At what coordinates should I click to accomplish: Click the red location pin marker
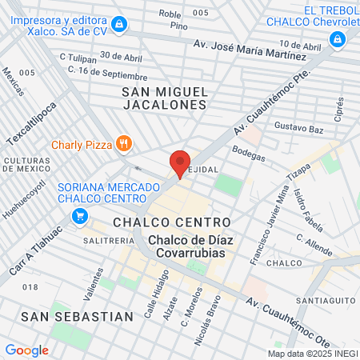[x=180, y=163]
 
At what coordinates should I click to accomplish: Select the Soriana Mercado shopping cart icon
[x=79, y=215]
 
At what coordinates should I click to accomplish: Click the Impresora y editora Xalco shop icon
[x=119, y=26]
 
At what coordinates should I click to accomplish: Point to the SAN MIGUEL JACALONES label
[x=165, y=98]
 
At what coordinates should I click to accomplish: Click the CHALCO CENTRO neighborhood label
[x=172, y=221]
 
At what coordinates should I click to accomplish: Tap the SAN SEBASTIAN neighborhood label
[x=77, y=316]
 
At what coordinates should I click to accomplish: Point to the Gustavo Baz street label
[x=297, y=127]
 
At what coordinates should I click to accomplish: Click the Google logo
[x=26, y=350]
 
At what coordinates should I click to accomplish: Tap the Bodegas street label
[x=248, y=152]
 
